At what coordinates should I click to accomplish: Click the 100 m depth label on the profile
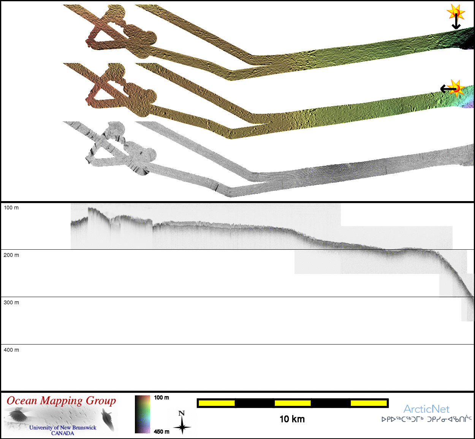tap(11, 208)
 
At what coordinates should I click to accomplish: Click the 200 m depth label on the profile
tap(11, 255)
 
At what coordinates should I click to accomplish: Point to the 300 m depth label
tap(11, 302)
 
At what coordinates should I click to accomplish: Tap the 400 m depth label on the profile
tap(11, 350)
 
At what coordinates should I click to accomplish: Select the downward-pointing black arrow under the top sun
tap(456, 22)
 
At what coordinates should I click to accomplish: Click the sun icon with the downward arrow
tap(456, 12)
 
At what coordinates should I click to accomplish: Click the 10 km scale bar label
tap(292, 419)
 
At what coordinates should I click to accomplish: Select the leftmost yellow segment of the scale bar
tap(217, 403)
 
